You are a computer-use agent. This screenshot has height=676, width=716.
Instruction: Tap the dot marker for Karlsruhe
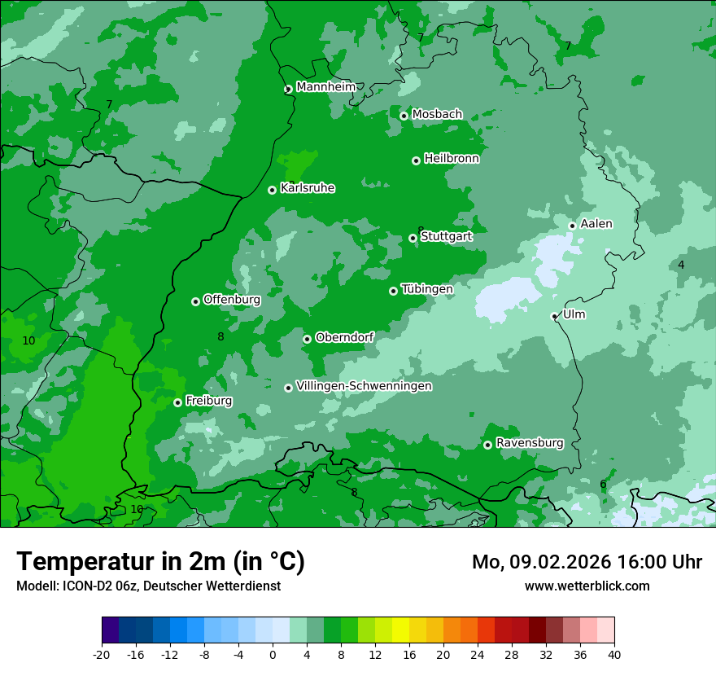tap(272, 190)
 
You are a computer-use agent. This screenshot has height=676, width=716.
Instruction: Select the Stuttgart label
tap(446, 236)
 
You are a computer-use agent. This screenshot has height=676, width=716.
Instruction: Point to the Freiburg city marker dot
tap(177, 402)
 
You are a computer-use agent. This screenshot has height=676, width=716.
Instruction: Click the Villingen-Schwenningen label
tap(364, 386)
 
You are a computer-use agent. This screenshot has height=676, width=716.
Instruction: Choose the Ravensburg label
tap(529, 443)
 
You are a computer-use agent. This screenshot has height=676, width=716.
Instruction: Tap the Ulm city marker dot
tap(554, 316)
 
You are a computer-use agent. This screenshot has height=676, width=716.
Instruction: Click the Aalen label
tap(596, 224)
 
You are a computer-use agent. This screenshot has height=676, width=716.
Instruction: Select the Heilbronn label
tap(452, 159)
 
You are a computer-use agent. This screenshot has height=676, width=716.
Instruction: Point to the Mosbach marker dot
tap(404, 116)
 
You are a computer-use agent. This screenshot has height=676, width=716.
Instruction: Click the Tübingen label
tap(427, 289)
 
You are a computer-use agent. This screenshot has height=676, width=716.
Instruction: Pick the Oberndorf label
tap(344, 337)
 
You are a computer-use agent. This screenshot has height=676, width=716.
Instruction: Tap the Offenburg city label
tap(232, 300)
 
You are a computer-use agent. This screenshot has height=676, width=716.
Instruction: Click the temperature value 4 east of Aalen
tap(681, 265)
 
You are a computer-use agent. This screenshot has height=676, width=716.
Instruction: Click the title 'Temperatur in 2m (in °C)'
tap(160, 562)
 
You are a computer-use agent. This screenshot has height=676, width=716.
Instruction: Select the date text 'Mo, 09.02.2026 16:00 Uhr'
tap(587, 562)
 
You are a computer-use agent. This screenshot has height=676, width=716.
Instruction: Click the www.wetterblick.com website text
tap(587, 586)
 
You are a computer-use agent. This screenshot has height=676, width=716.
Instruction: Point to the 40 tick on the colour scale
tap(613, 654)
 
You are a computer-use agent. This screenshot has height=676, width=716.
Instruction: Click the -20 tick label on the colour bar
tap(102, 654)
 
